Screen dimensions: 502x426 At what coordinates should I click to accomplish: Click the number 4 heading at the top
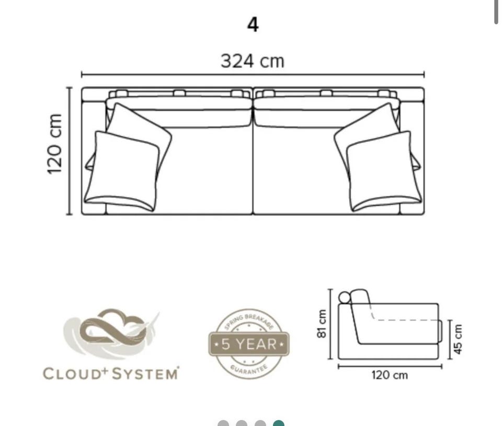click(x=253, y=25)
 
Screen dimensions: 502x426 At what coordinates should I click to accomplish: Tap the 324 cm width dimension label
click(x=253, y=61)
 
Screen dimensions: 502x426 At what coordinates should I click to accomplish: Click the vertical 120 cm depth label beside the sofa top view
click(x=54, y=144)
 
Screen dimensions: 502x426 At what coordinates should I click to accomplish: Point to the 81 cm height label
click(x=322, y=323)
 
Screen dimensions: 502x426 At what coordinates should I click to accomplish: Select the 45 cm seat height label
click(x=458, y=339)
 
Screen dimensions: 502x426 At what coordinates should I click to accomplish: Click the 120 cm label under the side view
click(x=390, y=375)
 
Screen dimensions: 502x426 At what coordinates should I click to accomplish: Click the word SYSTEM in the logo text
click(x=145, y=373)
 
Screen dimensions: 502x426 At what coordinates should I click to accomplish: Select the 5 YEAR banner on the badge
click(x=249, y=344)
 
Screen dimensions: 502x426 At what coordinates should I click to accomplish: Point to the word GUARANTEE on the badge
click(x=249, y=370)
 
